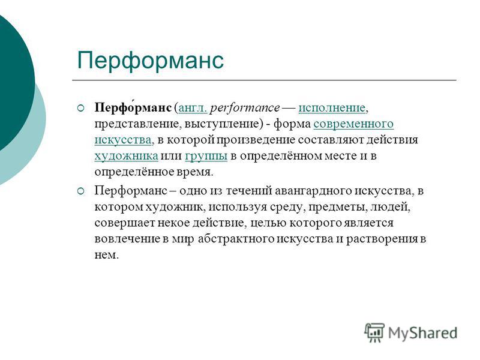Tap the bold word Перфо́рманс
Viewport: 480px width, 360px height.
[x=133, y=107]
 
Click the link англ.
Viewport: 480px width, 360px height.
[x=193, y=108]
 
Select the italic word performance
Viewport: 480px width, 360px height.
[x=245, y=108]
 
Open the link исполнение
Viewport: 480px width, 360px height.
[x=332, y=108]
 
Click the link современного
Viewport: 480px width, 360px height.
[x=353, y=124]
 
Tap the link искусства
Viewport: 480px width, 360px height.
[x=123, y=140]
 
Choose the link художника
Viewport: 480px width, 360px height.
[x=126, y=156]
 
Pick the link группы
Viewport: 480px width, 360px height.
[x=206, y=157]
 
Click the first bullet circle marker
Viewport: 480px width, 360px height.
[x=80, y=108]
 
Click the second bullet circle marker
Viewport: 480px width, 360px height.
[x=80, y=191]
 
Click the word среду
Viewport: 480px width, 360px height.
[x=287, y=208]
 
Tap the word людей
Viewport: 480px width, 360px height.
[x=390, y=207]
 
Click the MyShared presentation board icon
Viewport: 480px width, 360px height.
[x=374, y=332]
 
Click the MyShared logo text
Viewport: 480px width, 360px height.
[x=423, y=333]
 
